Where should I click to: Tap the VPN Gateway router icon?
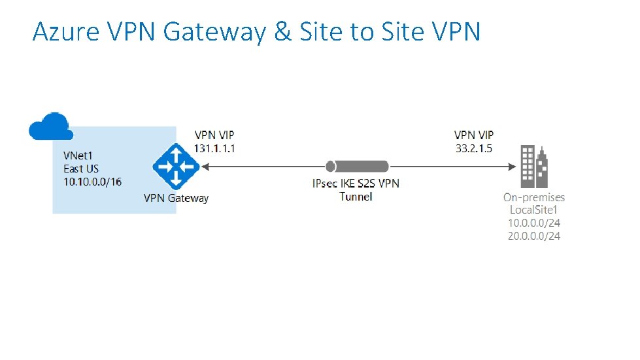click(x=175, y=167)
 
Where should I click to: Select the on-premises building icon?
click(x=534, y=166)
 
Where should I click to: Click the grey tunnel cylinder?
click(x=358, y=167)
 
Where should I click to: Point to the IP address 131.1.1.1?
click(x=214, y=148)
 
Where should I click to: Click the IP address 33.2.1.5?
click(x=474, y=148)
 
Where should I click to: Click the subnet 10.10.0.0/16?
click(x=92, y=182)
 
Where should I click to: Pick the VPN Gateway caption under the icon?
click(x=177, y=198)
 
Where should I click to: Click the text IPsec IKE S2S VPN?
click(x=356, y=184)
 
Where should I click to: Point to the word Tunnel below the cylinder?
click(x=356, y=197)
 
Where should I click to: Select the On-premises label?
click(x=534, y=197)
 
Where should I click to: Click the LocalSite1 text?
click(x=535, y=210)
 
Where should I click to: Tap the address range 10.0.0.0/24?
click(x=534, y=223)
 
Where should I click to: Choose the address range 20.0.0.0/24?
click(x=534, y=235)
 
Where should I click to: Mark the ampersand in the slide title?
click(x=283, y=31)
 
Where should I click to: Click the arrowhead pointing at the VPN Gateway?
click(x=205, y=167)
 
